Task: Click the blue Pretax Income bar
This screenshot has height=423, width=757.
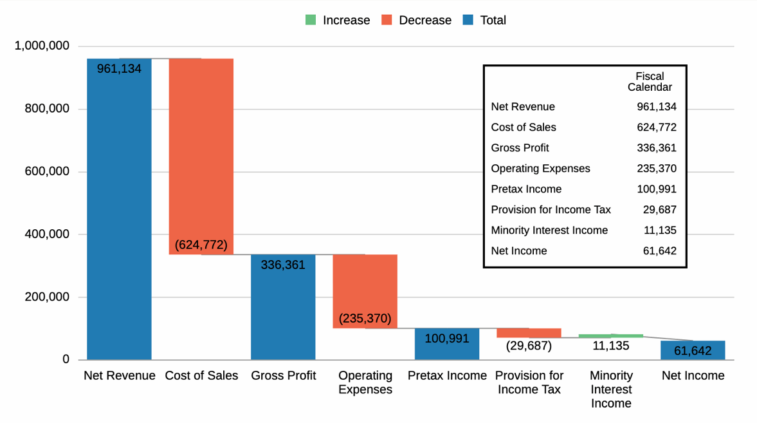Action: (447, 344)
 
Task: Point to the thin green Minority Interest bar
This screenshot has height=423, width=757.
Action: (611, 335)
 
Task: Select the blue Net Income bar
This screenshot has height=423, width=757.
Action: (693, 350)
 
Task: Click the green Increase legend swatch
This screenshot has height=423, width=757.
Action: (311, 20)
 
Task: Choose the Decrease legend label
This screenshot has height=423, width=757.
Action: (425, 20)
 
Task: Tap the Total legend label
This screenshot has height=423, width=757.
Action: (493, 20)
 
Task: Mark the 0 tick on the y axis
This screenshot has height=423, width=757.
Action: (66, 359)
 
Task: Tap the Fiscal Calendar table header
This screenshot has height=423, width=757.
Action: (650, 82)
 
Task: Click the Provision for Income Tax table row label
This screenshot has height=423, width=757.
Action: (551, 210)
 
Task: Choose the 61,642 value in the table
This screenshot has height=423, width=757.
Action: (660, 251)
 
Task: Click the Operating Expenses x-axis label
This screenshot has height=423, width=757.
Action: (365, 382)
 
